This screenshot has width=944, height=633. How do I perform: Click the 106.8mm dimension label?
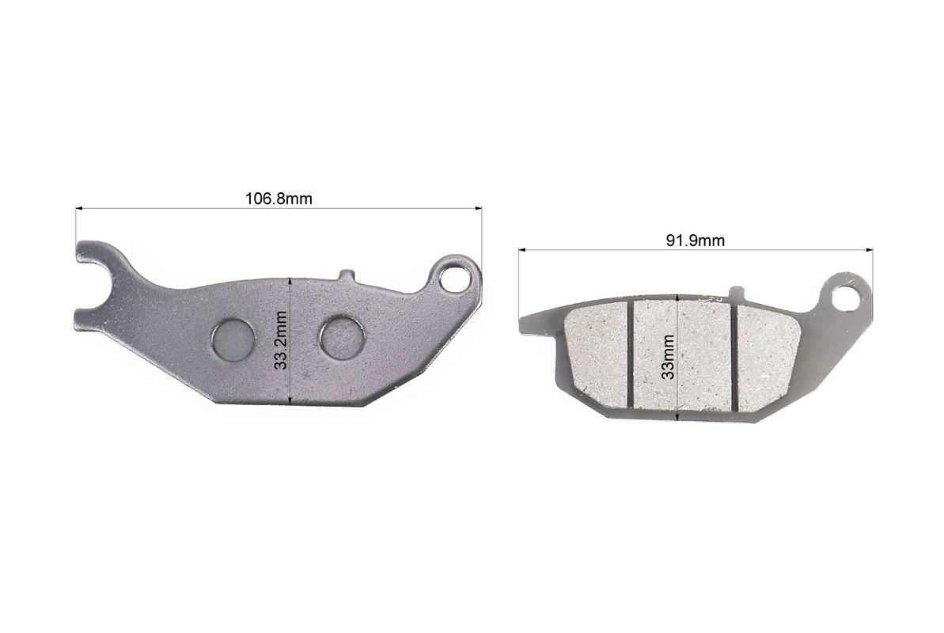coord(279,199)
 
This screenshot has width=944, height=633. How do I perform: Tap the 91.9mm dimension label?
coord(696,241)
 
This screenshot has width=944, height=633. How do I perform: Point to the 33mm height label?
coord(668,357)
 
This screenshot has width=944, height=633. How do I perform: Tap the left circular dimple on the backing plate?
coord(233,339)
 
